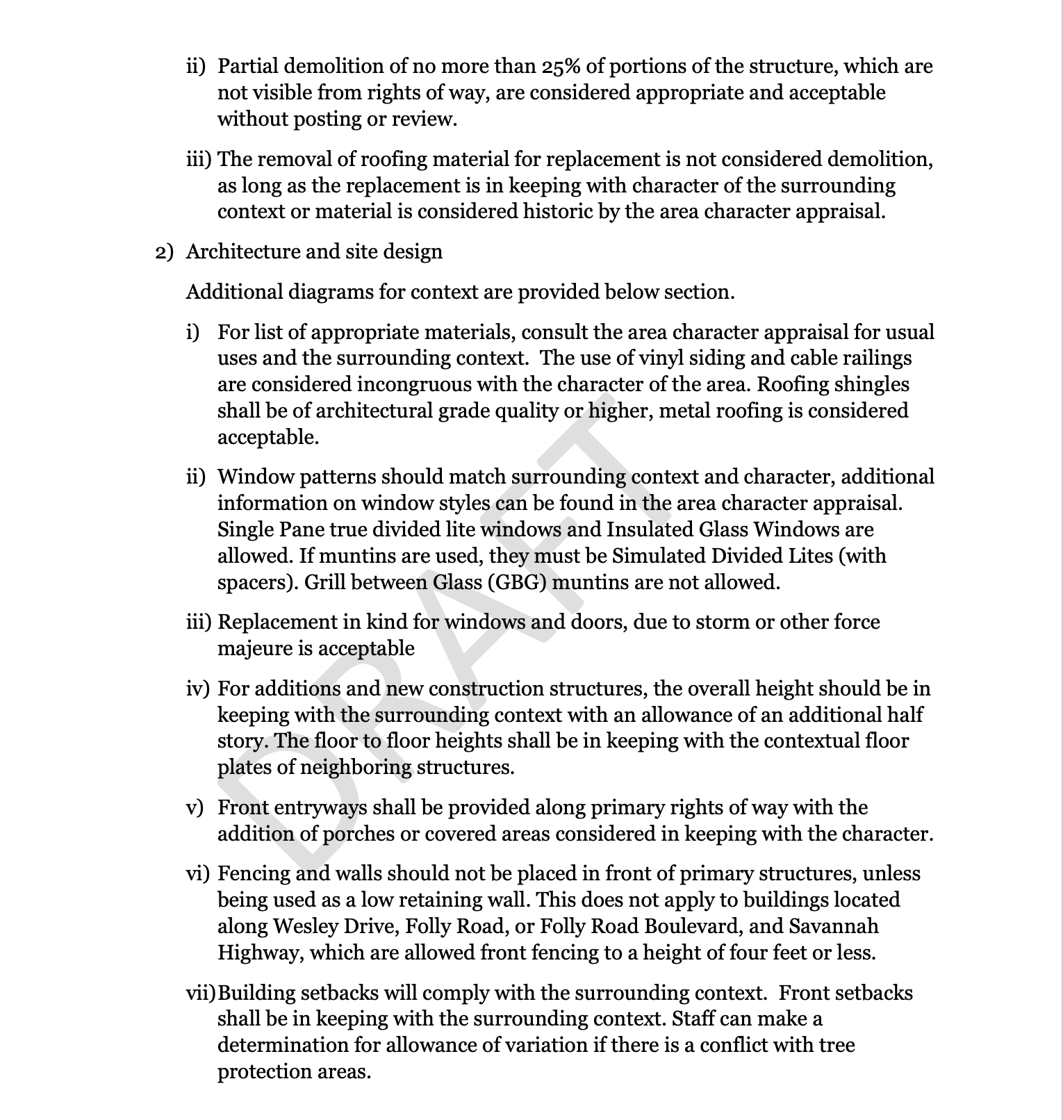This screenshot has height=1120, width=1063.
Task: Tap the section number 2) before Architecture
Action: [163, 252]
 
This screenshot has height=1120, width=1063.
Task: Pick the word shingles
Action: [871, 385]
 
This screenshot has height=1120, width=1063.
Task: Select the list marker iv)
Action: [197, 689]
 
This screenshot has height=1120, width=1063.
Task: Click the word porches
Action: [361, 834]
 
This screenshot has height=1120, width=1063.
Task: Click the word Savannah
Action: [837, 927]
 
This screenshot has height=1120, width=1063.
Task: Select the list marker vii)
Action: [201, 994]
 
